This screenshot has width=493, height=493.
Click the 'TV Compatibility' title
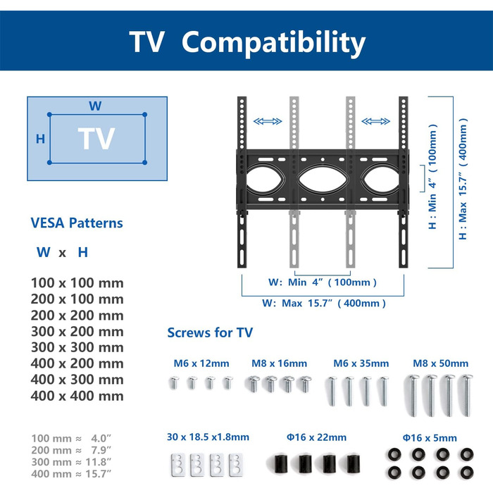pyautogui.click(x=247, y=42)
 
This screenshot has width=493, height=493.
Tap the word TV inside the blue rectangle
pyautogui.click(x=96, y=139)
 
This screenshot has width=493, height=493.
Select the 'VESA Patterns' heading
pyautogui.click(x=77, y=223)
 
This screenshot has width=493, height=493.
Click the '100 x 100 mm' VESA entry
pyautogui.click(x=77, y=283)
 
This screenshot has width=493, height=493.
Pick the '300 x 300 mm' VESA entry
pyautogui.click(x=77, y=348)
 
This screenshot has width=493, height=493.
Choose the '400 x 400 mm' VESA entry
pyautogui.click(x=77, y=396)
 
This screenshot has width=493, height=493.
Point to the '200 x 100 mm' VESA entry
pyautogui.click(x=77, y=299)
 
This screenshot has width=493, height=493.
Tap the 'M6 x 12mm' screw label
pyautogui.click(x=201, y=364)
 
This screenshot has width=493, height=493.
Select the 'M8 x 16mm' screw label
pyautogui.click(x=280, y=364)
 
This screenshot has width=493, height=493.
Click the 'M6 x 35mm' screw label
pyautogui.click(x=361, y=364)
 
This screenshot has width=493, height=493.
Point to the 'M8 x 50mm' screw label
pyautogui.click(x=440, y=364)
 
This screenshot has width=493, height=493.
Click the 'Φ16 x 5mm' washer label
pyautogui.click(x=430, y=437)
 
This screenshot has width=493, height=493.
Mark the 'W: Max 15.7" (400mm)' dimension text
pyautogui.click(x=324, y=304)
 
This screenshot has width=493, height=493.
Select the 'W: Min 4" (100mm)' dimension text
pyautogui.click(x=323, y=282)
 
